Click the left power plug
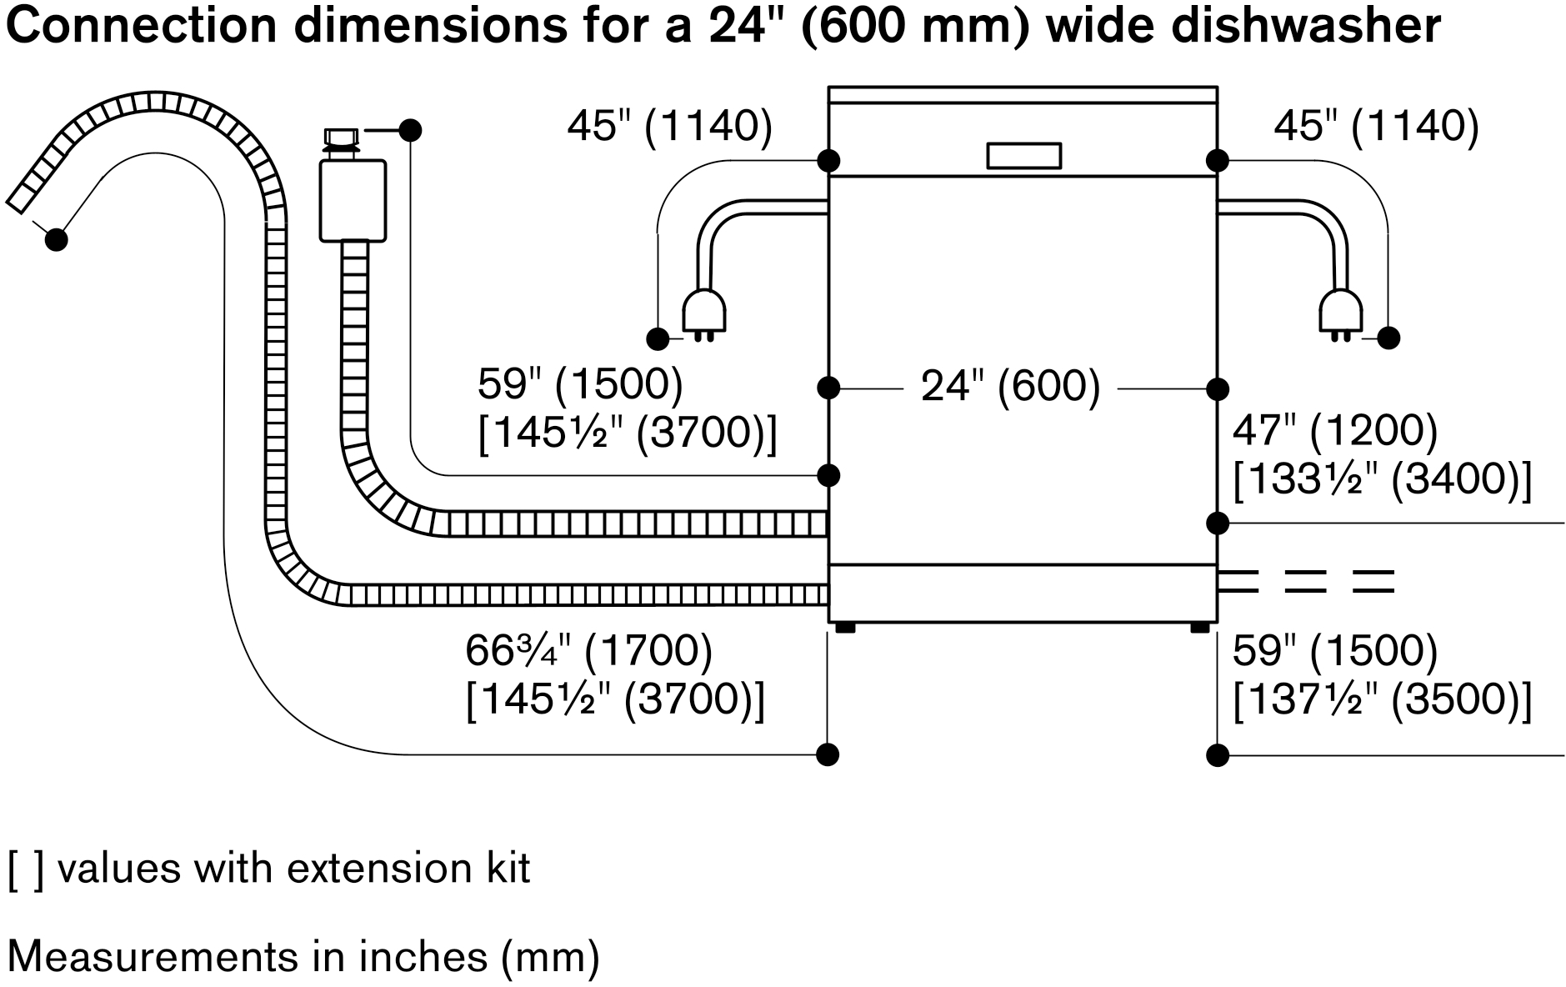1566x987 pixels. (703, 315)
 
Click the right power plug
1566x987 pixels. (1340, 315)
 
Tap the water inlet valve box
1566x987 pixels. (353, 200)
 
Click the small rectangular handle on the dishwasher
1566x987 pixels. (1023, 156)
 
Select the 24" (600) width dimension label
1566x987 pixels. (1010, 388)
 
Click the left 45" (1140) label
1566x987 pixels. (669, 127)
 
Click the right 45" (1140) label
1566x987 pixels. (1376, 127)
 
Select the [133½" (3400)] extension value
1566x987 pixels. (1382, 481)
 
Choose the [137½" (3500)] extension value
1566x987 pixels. (1382, 700)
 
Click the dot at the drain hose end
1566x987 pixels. (56, 239)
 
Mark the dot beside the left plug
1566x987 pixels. (658, 338)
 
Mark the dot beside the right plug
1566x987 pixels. (1388, 338)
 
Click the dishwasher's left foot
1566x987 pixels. (845, 628)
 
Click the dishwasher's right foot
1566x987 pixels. (1200, 628)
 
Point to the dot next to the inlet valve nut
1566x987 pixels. (410, 130)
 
